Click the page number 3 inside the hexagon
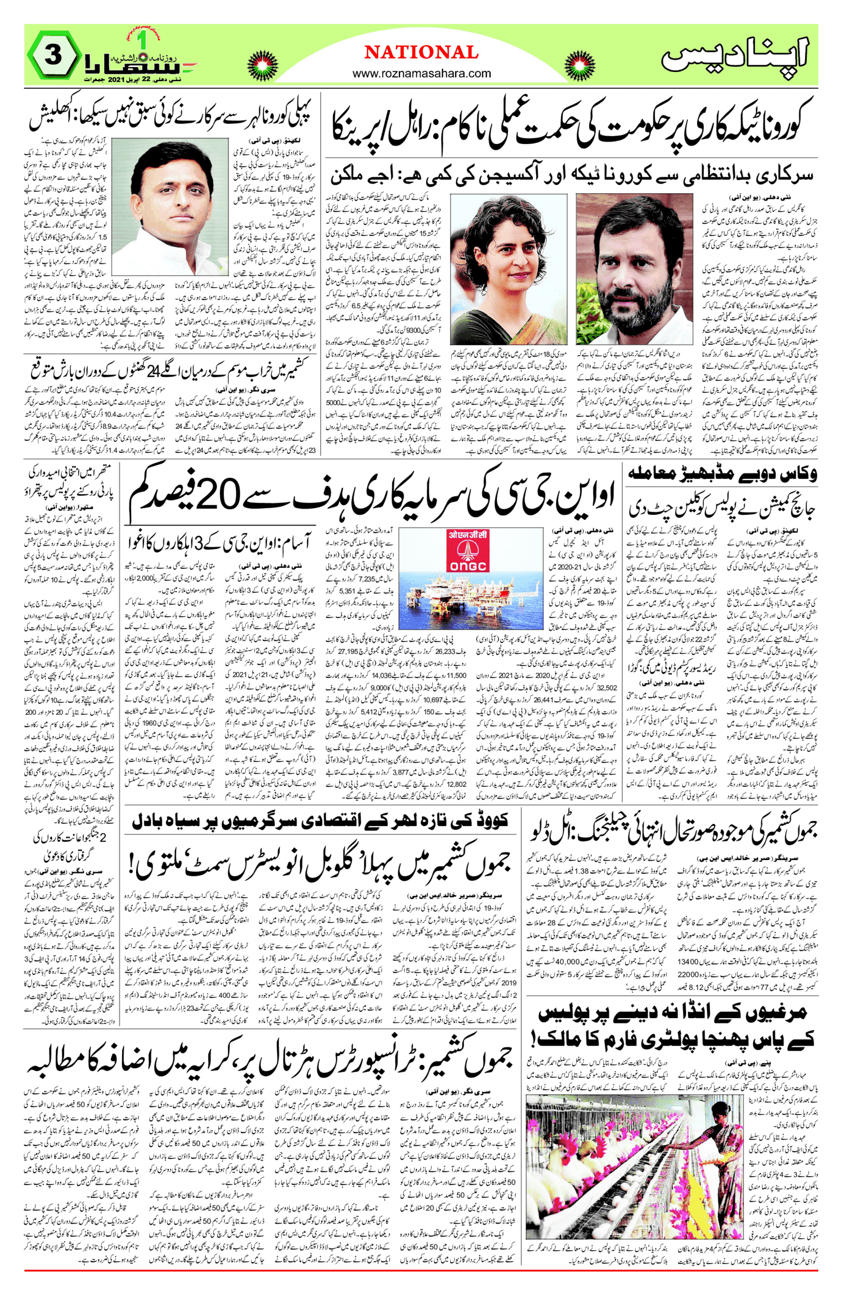click(x=53, y=57)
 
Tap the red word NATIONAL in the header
click(x=421, y=52)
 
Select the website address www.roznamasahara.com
click(x=421, y=73)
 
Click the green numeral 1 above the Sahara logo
click(x=142, y=40)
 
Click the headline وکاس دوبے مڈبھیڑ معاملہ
click(x=722, y=474)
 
